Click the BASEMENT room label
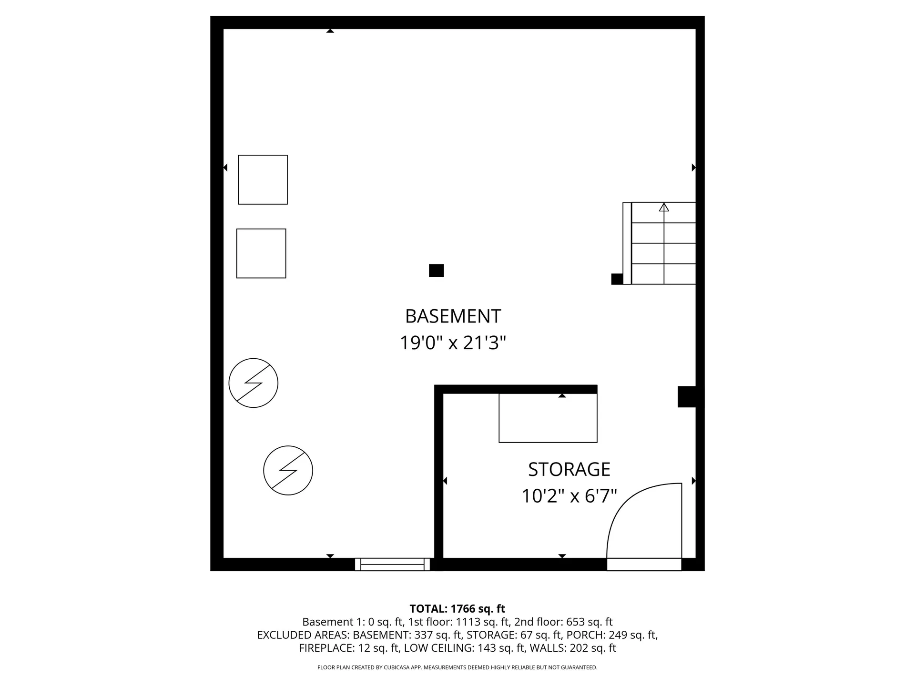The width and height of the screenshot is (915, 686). tap(453, 316)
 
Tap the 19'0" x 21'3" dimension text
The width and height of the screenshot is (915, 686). tap(453, 343)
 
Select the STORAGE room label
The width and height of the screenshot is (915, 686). tap(569, 470)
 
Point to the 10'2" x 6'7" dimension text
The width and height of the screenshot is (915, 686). tap(569, 496)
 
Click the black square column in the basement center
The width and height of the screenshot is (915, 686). tap(436, 271)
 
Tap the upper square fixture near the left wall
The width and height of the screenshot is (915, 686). tap(263, 180)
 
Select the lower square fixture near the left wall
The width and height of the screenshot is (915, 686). tap(261, 253)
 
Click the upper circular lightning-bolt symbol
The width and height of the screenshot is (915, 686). tap(253, 383)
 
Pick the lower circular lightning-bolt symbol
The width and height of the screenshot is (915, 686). tap(288, 471)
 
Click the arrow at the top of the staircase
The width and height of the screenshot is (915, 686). tap(664, 207)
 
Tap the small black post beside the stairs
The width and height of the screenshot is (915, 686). tap(617, 279)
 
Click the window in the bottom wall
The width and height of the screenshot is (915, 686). tap(392, 565)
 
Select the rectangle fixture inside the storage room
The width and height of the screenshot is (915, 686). tap(548, 418)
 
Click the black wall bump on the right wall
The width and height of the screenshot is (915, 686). tap(687, 397)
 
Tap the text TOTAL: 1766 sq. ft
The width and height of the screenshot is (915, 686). tap(457, 609)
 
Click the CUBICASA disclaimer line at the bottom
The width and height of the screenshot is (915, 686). tap(457, 667)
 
